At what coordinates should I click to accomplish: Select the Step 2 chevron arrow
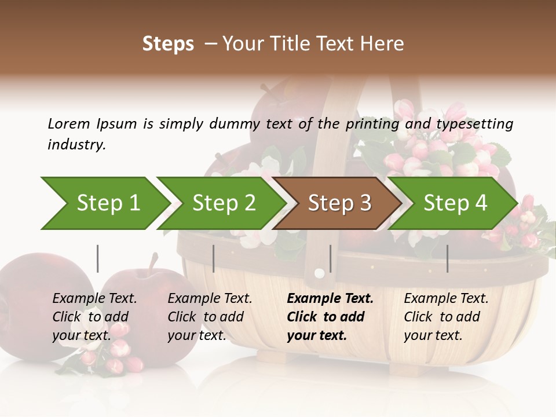(223, 203)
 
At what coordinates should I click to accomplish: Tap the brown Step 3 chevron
(339, 203)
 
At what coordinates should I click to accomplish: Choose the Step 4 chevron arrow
(455, 203)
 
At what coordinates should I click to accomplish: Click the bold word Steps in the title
(168, 44)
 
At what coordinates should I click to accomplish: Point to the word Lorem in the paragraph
(69, 123)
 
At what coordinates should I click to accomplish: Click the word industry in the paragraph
(76, 145)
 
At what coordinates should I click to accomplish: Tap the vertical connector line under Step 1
(98, 258)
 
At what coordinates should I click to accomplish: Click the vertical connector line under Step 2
(214, 258)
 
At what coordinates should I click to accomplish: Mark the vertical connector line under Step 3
(330, 258)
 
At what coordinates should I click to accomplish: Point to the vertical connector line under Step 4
(447, 258)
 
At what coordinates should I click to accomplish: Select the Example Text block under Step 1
(94, 317)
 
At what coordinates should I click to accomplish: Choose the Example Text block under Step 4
(446, 317)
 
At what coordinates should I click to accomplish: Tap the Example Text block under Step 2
(210, 317)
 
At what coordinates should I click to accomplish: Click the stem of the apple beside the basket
(153, 264)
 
